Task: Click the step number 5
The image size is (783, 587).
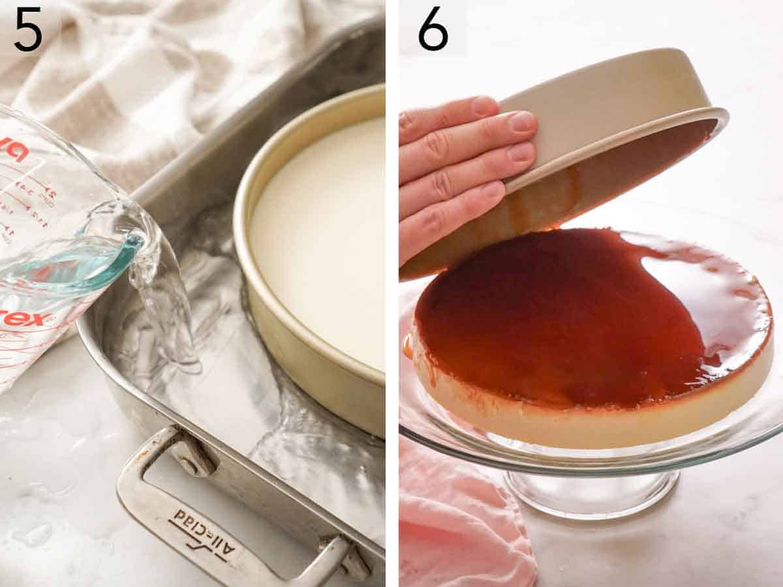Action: point(28,29)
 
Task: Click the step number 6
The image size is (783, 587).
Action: point(433,29)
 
